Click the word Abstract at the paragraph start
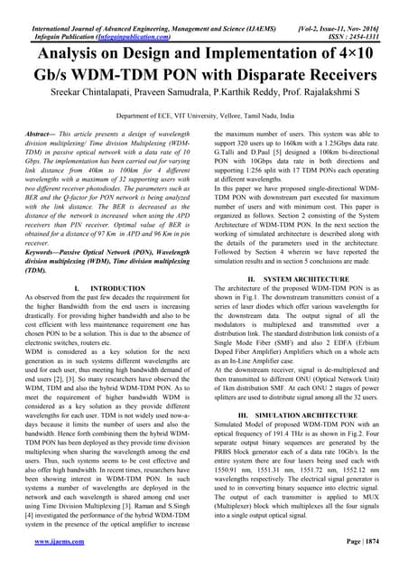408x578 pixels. tap(42, 133)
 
